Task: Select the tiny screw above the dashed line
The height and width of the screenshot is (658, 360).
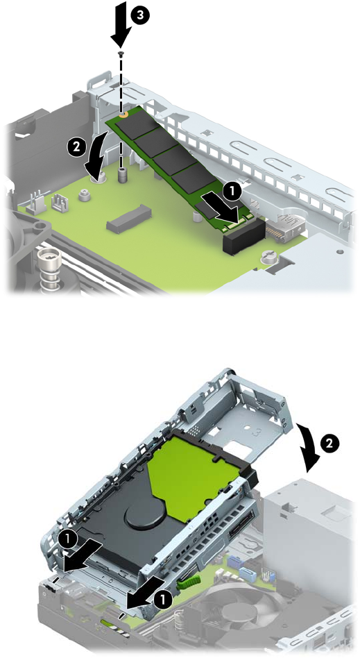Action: [121, 53]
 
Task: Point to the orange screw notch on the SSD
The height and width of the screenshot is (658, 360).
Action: [123, 114]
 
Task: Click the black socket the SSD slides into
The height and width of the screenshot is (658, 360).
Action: [244, 236]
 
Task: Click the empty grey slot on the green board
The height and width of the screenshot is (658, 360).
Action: [129, 218]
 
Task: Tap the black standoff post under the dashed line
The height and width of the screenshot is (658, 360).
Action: [122, 175]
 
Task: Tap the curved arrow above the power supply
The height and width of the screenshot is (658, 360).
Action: [309, 445]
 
